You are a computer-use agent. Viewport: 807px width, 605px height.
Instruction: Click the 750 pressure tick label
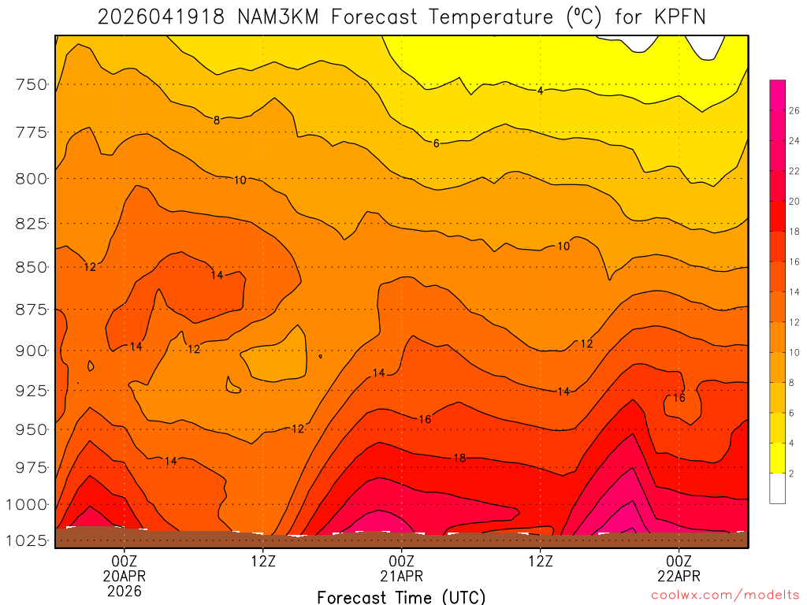[32, 84]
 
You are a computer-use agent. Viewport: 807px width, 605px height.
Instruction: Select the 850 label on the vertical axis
[32, 267]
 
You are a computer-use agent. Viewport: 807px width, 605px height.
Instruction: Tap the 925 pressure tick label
[32, 390]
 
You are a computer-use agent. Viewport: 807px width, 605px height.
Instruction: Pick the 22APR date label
[679, 576]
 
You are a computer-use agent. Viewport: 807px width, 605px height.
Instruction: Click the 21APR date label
[402, 576]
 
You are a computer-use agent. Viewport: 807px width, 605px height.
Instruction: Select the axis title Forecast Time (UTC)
[402, 596]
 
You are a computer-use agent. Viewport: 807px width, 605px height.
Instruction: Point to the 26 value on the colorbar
[794, 111]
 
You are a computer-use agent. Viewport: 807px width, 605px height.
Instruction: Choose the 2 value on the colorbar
[791, 473]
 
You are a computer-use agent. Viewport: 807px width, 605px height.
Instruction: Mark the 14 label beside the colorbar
[794, 292]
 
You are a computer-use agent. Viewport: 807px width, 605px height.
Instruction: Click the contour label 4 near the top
[540, 91]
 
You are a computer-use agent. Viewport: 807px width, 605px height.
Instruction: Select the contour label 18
[459, 458]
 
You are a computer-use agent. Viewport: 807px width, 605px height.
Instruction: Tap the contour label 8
[216, 121]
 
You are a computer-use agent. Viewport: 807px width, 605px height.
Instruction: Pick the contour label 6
[436, 143]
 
